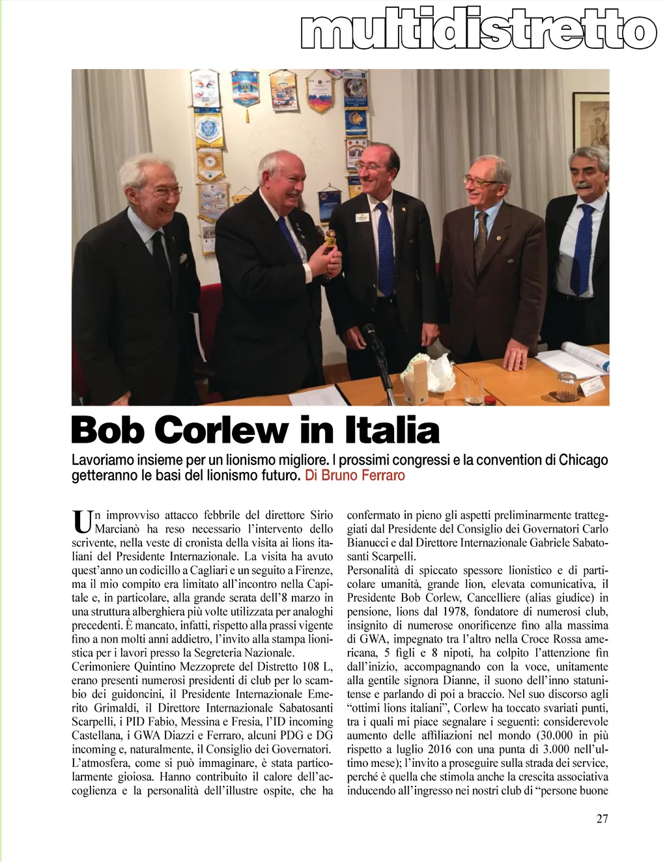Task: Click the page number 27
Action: [x=602, y=818]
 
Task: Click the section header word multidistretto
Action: [x=479, y=31]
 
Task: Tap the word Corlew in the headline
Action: [x=221, y=430]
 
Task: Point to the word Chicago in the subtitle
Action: [x=583, y=460]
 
